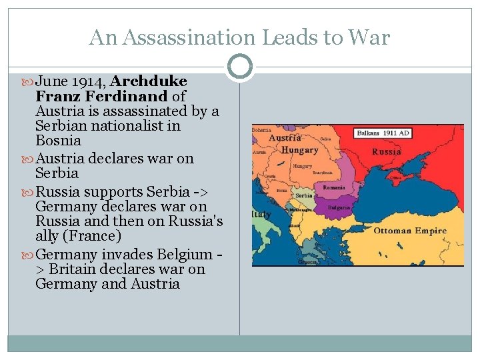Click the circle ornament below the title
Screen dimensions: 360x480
click(x=239, y=67)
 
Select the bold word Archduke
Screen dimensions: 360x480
click(x=149, y=81)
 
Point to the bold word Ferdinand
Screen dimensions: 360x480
click(x=130, y=96)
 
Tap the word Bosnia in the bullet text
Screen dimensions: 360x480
click(x=58, y=141)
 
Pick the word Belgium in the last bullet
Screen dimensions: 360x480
click(x=183, y=255)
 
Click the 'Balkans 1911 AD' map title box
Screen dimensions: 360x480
click(x=383, y=133)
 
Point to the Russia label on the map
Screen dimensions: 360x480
click(x=387, y=151)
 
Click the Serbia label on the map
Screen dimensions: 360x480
click(x=304, y=196)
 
